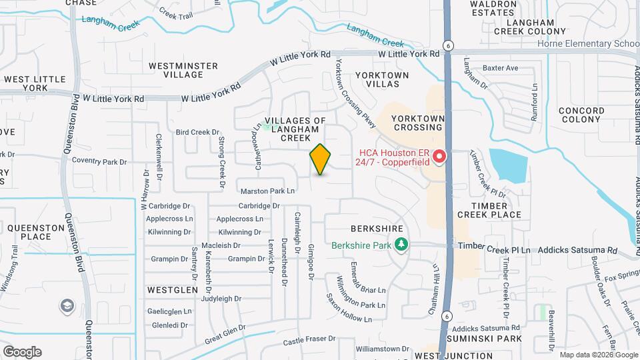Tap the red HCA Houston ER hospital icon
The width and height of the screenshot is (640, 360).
tap(439, 157)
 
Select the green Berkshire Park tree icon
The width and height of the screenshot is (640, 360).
tap(401, 245)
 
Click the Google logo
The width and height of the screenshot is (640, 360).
tap(22, 352)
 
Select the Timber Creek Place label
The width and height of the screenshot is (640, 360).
tap(489, 210)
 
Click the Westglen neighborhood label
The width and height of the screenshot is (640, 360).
tap(172, 290)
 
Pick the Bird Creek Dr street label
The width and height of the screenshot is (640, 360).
tap(193, 132)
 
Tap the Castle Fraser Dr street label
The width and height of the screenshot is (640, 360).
tap(309, 340)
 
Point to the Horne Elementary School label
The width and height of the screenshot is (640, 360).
tap(589, 44)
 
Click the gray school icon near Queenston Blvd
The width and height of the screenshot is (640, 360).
tap(66, 306)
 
